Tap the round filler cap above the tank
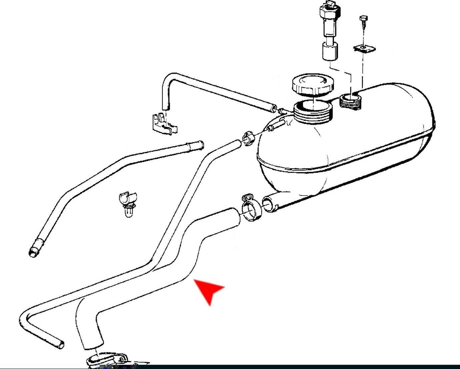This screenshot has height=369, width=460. pos(310,85)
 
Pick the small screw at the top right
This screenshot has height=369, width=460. pos(363,20)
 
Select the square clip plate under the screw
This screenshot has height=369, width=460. pos(365,49)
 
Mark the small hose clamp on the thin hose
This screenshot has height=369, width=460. pos(248,138)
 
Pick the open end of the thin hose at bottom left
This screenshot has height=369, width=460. pos(60,344)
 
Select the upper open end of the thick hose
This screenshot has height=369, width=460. pos(233,218)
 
